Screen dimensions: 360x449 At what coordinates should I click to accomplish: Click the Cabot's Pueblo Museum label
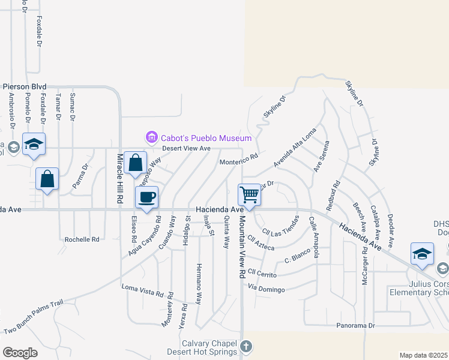click(202, 138)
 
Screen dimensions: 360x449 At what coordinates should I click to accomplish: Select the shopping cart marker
click(249, 194)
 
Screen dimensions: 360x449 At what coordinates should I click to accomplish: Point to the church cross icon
click(246, 346)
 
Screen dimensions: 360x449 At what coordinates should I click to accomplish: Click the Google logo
click(19, 353)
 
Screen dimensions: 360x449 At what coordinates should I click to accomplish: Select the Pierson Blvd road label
click(25, 86)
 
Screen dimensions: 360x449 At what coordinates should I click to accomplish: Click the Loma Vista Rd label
click(143, 294)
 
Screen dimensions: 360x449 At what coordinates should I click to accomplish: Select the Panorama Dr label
click(355, 326)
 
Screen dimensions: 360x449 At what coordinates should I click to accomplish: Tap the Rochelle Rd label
click(82, 239)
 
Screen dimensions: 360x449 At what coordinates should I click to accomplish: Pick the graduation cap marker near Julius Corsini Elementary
click(422, 253)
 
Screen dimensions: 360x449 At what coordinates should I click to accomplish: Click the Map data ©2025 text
click(423, 355)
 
